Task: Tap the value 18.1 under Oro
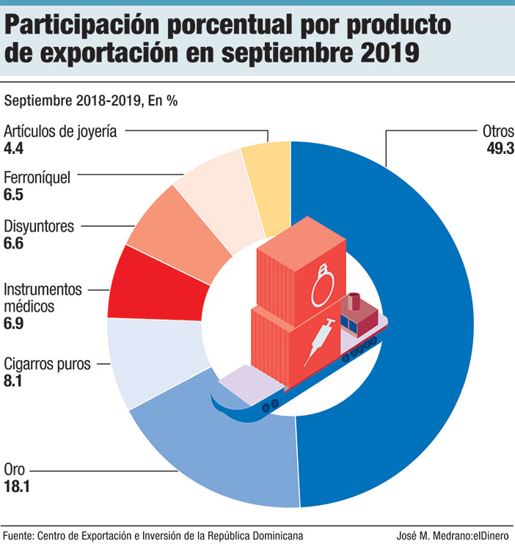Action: tap(21, 486)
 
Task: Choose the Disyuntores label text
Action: tap(39, 226)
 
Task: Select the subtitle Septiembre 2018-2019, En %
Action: tap(91, 101)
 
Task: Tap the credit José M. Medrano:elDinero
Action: tap(450, 534)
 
